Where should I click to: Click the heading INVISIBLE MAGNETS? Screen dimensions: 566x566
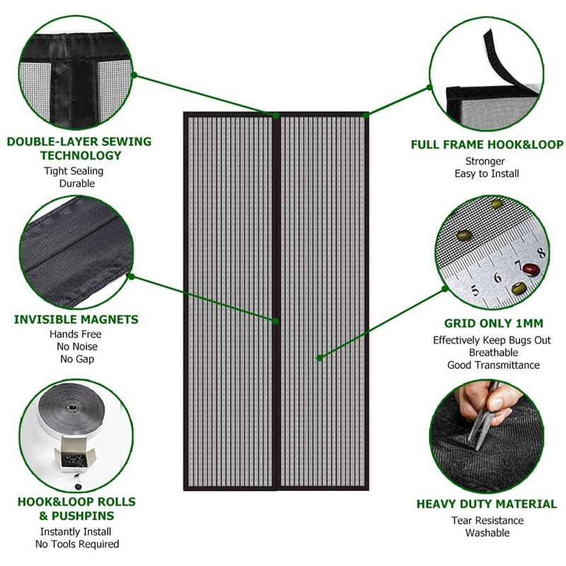pos(76,320)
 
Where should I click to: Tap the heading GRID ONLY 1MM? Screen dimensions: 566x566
pos(493,324)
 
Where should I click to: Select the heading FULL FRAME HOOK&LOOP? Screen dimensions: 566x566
pos(487,145)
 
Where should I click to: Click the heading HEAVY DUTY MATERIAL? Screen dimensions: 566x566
pos(486,504)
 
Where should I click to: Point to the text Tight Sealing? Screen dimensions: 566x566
pos(74,171)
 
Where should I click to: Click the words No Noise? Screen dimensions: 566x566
pos(76,347)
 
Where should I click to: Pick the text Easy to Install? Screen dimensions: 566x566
pos(487,173)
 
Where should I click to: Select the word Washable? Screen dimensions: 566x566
pos(487,533)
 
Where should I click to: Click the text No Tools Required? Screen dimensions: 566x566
pos(77,544)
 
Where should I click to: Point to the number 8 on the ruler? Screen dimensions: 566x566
pos(541,251)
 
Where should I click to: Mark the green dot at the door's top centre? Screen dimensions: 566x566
pos(276,115)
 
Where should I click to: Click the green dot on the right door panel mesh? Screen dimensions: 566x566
pos(320,358)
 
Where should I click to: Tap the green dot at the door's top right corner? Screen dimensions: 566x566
pos(366,115)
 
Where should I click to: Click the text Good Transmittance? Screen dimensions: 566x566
pos(493,365)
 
